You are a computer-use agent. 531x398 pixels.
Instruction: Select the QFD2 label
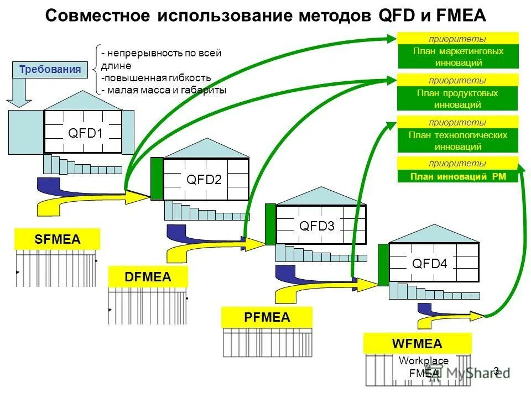(204, 180)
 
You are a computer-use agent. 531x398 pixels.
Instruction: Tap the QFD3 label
(316, 226)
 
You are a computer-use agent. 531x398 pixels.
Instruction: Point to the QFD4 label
(429, 264)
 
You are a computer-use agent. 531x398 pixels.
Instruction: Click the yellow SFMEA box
(58, 239)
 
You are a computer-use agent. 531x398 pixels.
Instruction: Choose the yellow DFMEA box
(148, 276)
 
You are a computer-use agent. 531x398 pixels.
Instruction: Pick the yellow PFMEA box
(267, 317)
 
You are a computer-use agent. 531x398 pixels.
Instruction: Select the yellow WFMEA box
(417, 344)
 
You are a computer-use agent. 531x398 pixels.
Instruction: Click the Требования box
(50, 70)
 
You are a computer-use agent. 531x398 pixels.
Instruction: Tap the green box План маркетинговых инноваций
(458, 56)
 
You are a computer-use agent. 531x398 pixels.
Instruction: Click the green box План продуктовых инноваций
(458, 99)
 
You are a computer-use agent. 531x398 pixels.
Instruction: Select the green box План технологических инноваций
(458, 141)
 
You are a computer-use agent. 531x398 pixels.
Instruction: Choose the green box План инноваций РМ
(458, 177)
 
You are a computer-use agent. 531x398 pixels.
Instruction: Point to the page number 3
(496, 371)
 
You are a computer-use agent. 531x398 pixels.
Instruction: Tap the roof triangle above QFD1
(83, 101)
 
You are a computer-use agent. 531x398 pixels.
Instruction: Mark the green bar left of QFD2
(157, 179)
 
